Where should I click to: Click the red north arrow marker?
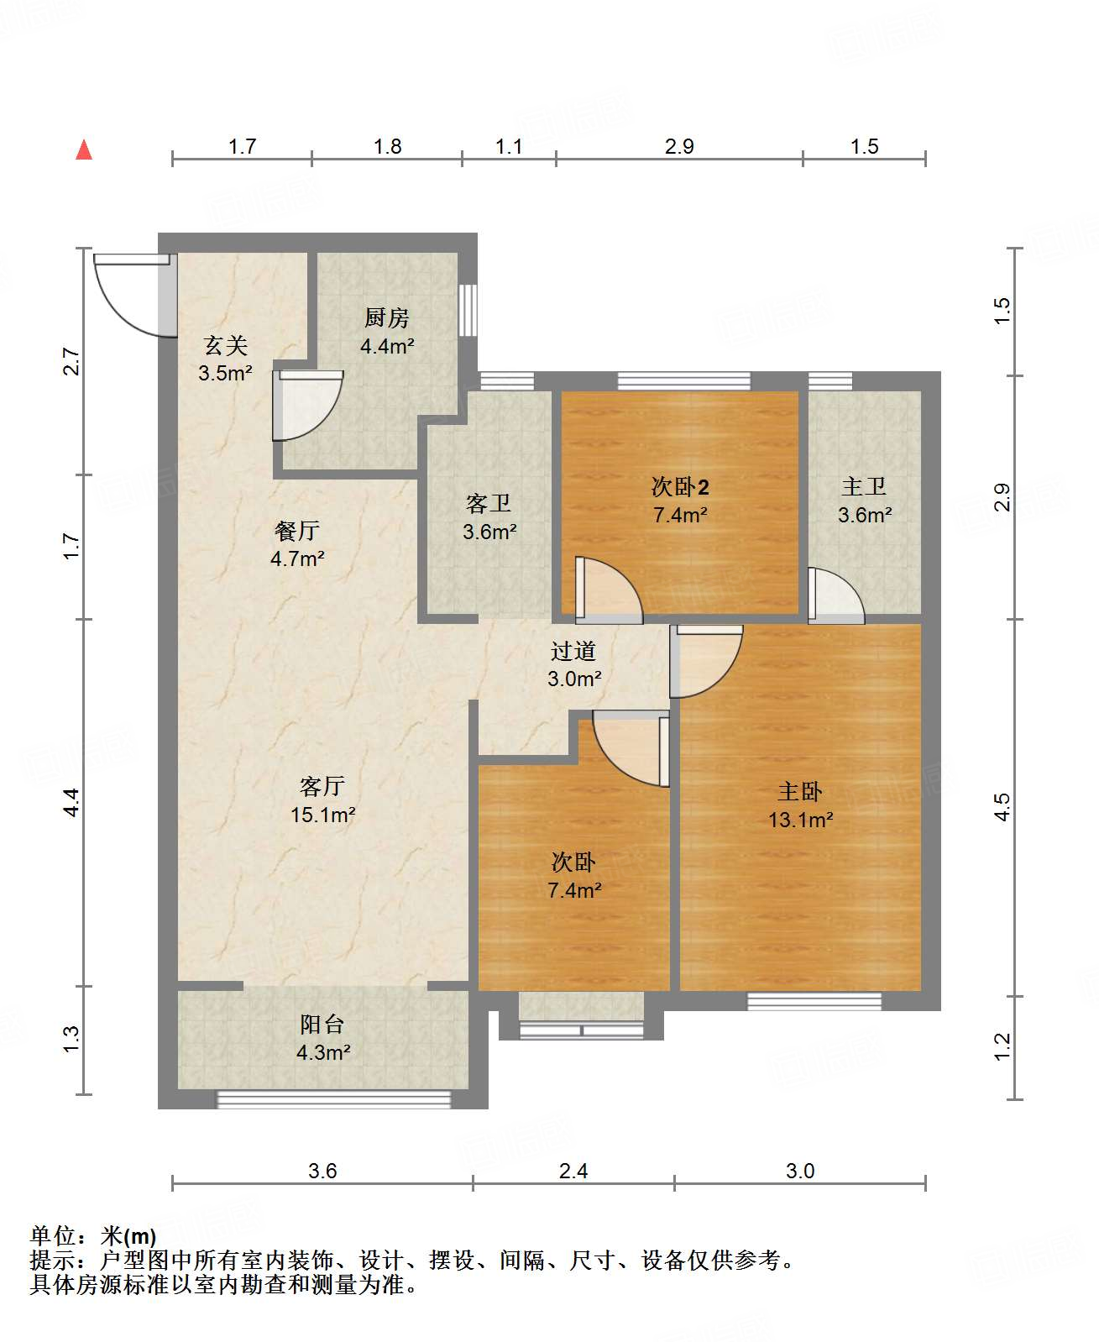tap(84, 149)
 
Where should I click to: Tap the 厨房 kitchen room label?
tap(387, 317)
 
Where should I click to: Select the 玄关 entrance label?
tap(225, 345)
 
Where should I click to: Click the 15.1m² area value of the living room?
tap(323, 815)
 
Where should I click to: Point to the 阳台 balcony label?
tap(322, 1024)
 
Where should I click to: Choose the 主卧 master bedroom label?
tap(800, 792)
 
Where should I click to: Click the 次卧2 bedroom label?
tap(680, 487)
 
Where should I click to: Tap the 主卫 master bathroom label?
tap(864, 487)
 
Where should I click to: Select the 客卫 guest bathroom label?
tap(489, 503)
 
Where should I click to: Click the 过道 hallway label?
tap(573, 651)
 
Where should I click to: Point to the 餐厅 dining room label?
tap(297, 530)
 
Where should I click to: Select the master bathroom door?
tap(835, 595)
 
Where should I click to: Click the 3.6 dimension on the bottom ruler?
tap(322, 1171)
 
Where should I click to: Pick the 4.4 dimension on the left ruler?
tap(72, 802)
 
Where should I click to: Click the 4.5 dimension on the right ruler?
tap(1002, 807)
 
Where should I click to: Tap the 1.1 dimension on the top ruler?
tap(509, 146)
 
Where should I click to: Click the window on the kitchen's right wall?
tap(468, 310)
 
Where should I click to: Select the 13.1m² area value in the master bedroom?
tap(801, 820)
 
